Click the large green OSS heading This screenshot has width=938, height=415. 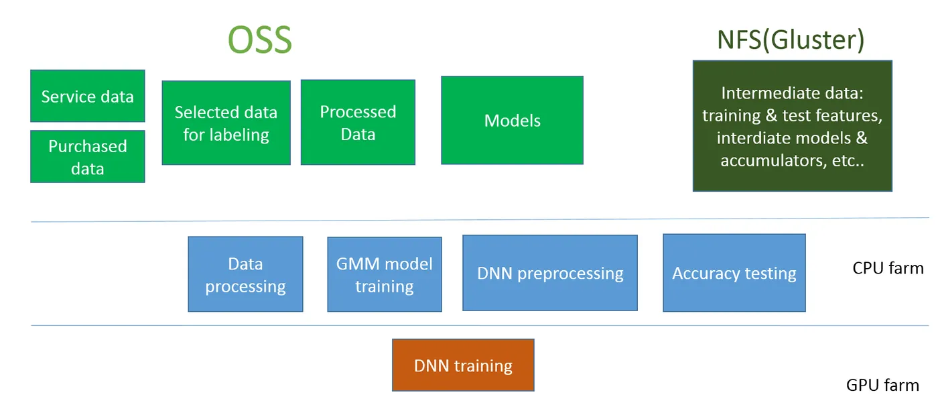pyautogui.click(x=260, y=40)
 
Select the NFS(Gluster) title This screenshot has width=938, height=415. pyautogui.click(x=791, y=40)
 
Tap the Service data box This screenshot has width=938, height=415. pyautogui.click(x=87, y=96)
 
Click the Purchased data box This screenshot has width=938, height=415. pyautogui.click(x=87, y=156)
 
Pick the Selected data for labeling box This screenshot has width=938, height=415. pyautogui.click(x=226, y=123)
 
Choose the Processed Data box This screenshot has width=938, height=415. pyautogui.click(x=358, y=122)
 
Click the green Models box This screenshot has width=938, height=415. pyautogui.click(x=512, y=120)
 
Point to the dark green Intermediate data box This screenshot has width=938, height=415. pyautogui.click(x=792, y=126)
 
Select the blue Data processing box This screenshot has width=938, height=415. pyautogui.click(x=245, y=274)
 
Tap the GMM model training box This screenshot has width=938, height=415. pyautogui.click(x=384, y=274)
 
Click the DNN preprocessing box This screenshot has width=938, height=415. pyautogui.click(x=549, y=273)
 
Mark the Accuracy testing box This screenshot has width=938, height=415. pyautogui.click(x=734, y=273)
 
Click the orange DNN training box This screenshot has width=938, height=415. pyautogui.click(x=463, y=365)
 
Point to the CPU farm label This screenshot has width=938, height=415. pyautogui.click(x=888, y=268)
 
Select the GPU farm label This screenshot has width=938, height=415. pyautogui.click(x=882, y=385)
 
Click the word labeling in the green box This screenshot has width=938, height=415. pyautogui.click(x=239, y=135)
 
